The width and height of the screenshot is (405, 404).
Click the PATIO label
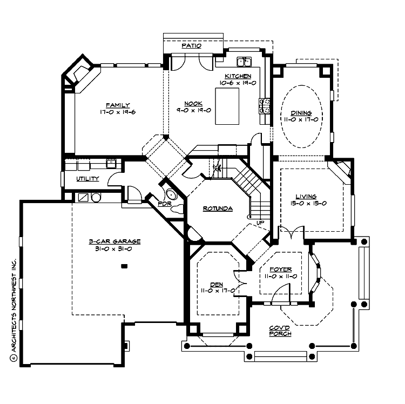(x=192, y=46)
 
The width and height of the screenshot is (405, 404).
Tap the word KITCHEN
(x=238, y=76)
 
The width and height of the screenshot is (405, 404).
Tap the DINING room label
(x=301, y=113)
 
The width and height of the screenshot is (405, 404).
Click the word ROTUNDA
(x=218, y=208)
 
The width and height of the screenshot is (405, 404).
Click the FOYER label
(x=280, y=269)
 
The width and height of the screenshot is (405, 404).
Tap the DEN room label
(x=217, y=284)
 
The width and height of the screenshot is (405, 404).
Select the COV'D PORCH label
(x=280, y=331)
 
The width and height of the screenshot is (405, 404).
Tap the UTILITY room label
(x=87, y=179)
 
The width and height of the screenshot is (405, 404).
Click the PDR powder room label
(x=164, y=204)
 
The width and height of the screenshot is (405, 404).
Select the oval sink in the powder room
(x=172, y=195)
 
